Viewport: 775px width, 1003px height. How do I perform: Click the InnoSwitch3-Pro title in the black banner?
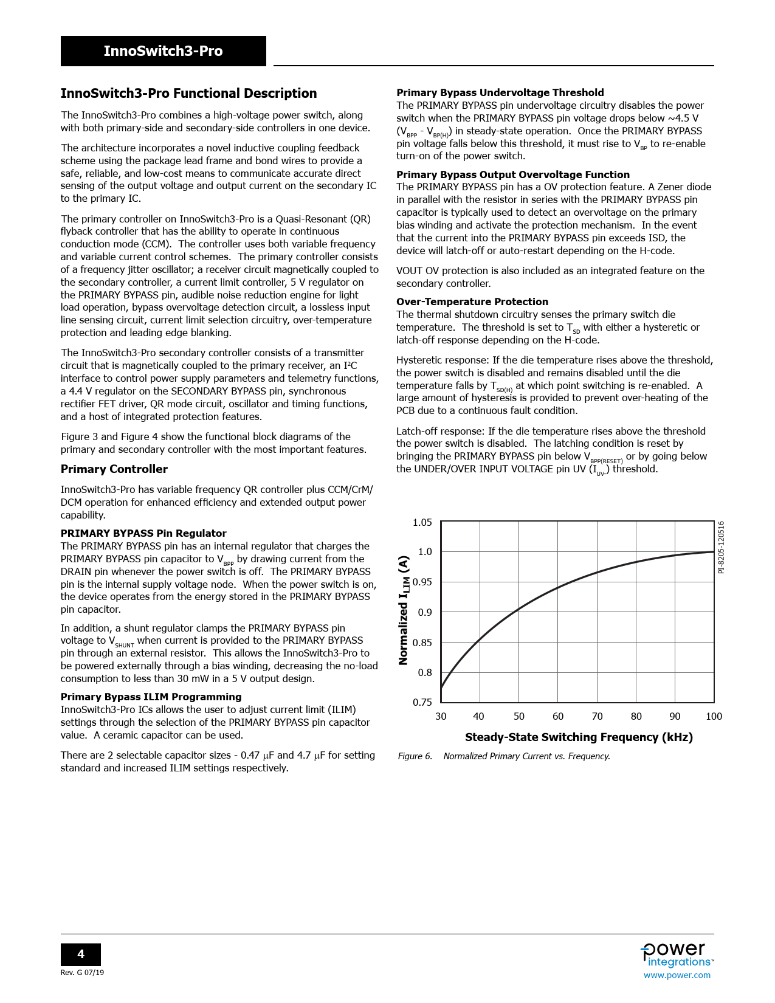163,51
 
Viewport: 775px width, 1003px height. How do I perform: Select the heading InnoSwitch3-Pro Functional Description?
188,94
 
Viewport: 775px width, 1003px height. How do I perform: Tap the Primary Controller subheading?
114,469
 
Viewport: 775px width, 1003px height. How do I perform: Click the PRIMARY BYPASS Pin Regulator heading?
143,533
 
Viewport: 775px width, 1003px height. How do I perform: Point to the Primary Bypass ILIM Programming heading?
151,697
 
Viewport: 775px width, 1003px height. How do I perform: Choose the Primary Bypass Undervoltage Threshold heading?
500,92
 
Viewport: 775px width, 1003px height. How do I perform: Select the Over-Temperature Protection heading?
472,302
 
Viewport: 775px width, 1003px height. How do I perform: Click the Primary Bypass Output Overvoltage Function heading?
513,174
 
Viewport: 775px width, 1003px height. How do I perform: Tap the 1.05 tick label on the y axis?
422,523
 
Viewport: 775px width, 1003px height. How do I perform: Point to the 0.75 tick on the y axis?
422,702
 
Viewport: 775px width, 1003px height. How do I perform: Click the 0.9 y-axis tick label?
425,612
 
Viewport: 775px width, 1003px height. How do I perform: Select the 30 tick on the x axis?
441,716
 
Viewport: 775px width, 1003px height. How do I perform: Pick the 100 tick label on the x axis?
714,716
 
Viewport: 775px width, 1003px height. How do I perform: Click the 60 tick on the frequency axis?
558,716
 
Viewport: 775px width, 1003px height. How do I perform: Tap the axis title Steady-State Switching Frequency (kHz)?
579,737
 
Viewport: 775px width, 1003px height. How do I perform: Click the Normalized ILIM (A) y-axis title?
404,610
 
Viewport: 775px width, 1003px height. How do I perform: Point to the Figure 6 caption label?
415,756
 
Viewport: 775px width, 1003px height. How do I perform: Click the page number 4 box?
81,954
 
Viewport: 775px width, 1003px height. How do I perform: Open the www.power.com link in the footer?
677,975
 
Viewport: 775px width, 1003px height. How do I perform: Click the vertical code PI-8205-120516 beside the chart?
721,547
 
